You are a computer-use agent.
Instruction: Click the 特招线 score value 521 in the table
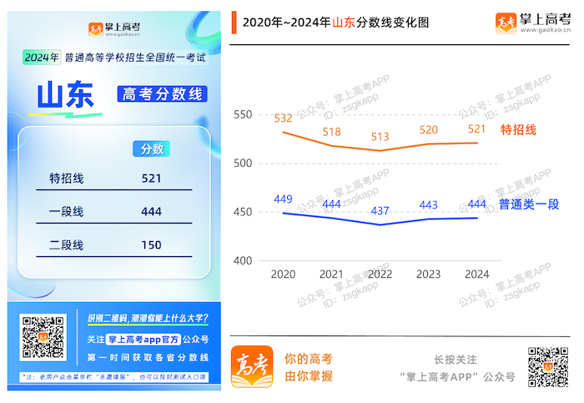(151, 178)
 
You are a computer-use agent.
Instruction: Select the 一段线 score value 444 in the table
(151, 212)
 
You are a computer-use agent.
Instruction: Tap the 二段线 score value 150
(151, 245)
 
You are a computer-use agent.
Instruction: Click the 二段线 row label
(67, 245)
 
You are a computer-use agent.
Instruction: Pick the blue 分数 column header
(152, 149)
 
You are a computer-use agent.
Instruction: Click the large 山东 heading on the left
(64, 95)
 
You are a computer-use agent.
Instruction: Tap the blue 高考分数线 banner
(162, 93)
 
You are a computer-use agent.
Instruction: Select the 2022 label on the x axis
(380, 274)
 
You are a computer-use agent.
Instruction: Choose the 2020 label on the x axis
(284, 274)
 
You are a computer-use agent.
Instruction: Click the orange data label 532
(284, 118)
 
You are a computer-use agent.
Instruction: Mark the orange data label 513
(380, 137)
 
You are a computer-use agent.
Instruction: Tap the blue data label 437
(380, 210)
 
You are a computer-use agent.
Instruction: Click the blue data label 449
(284, 199)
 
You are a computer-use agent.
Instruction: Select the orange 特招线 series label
(517, 130)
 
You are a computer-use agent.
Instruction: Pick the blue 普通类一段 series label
(528, 204)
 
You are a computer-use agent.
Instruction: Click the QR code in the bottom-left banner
(43, 337)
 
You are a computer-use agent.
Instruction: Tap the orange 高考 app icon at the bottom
(252, 365)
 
